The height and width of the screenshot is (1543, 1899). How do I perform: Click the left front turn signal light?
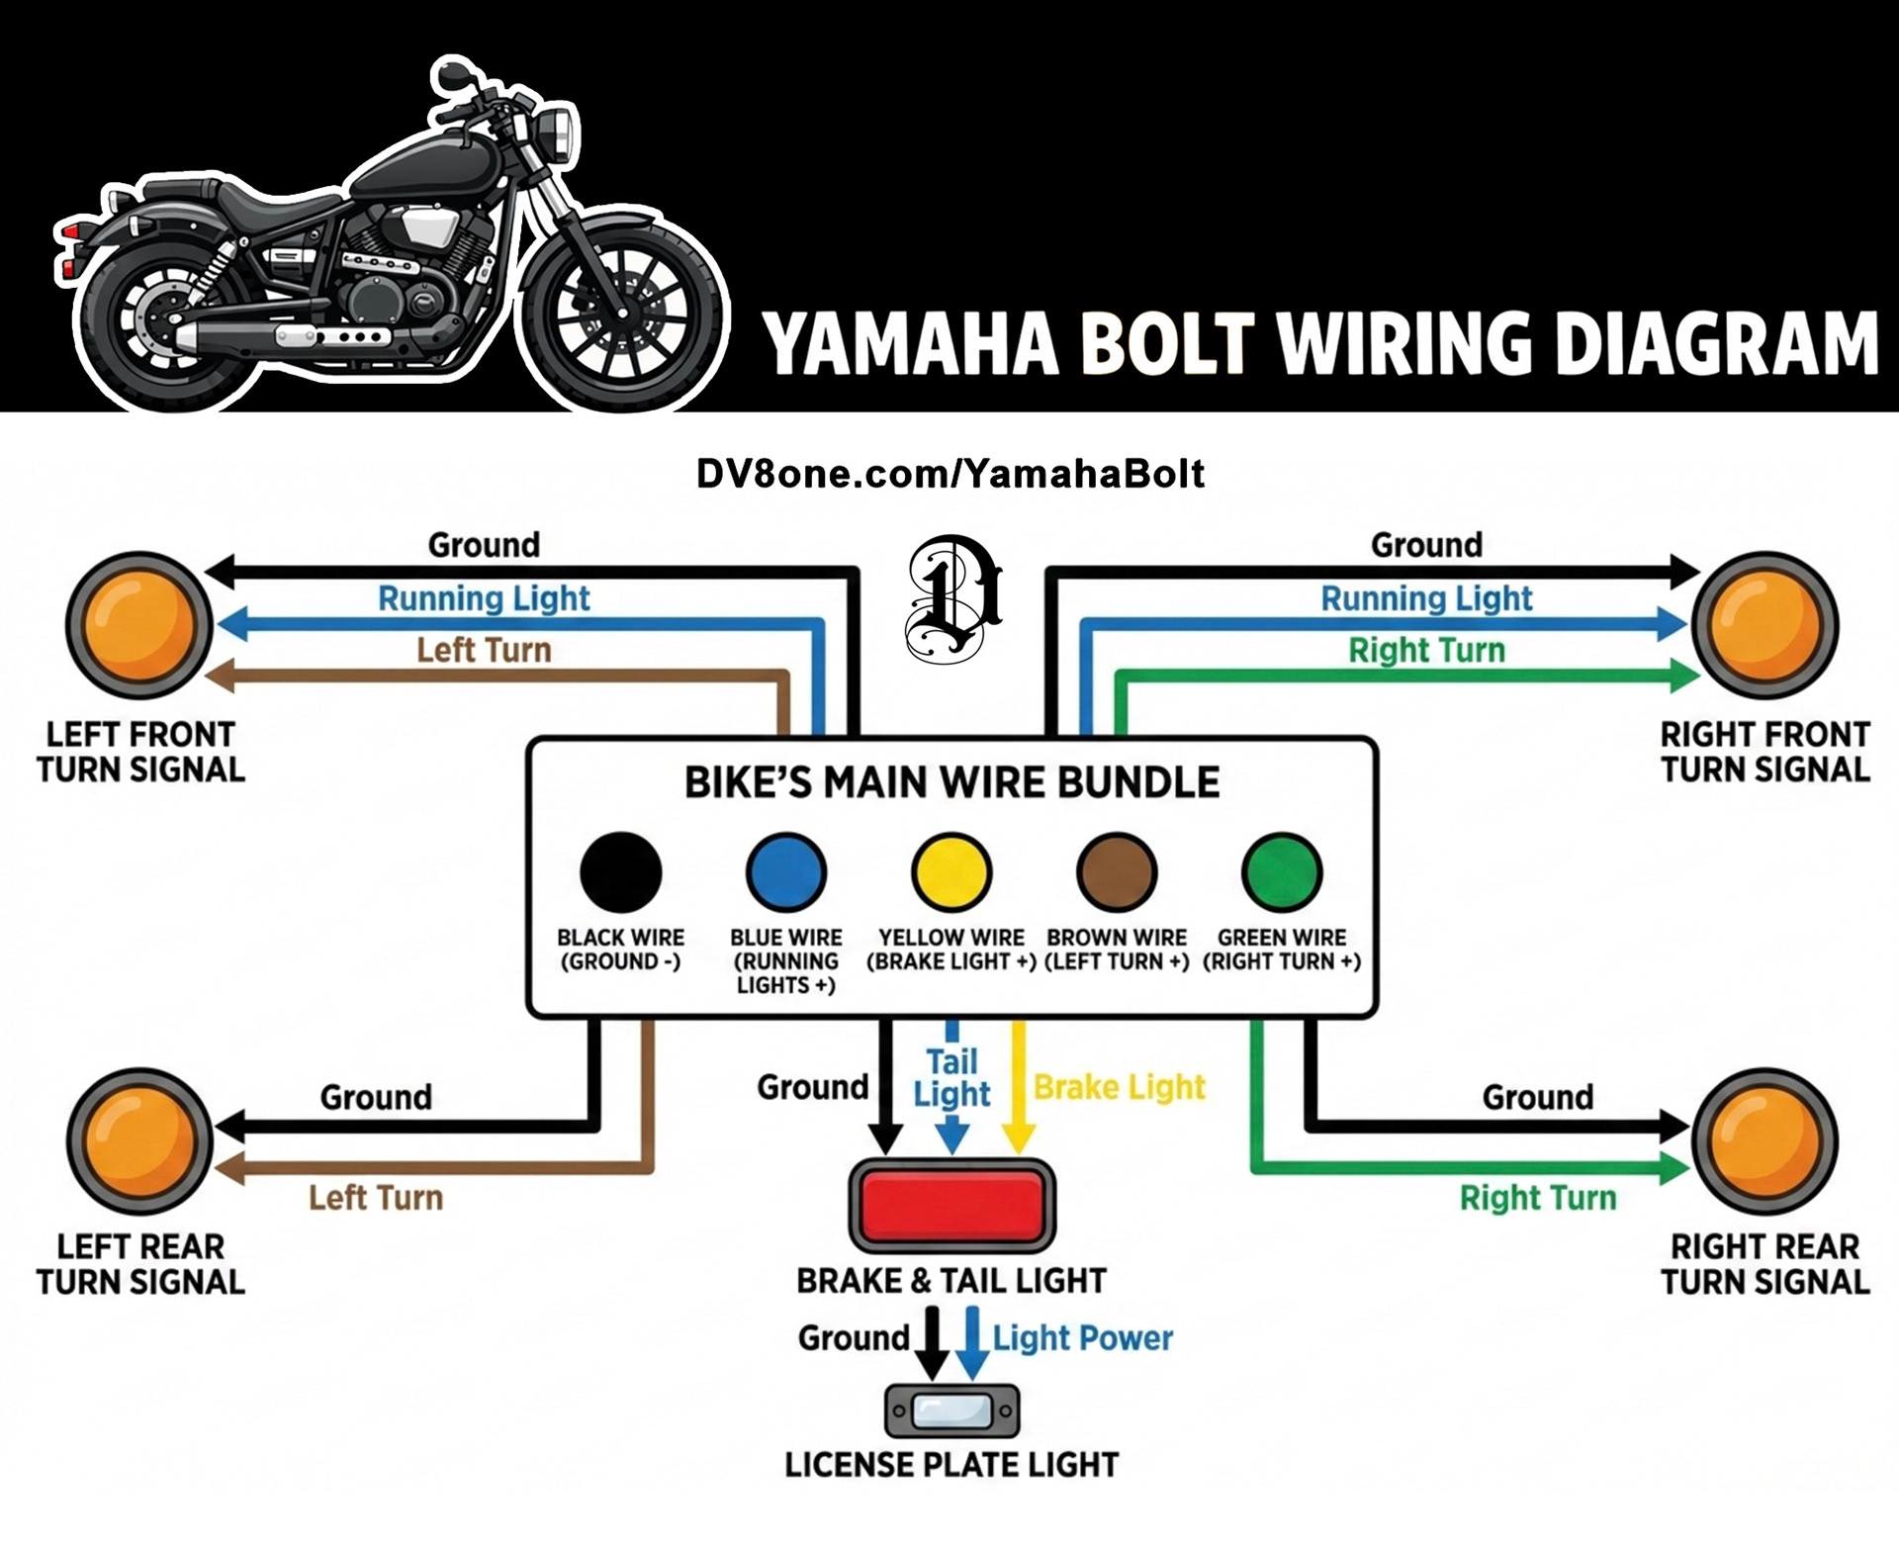(x=138, y=626)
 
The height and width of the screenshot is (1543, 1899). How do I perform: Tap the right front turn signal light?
(x=1764, y=626)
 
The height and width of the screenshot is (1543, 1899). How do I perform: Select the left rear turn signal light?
(x=139, y=1141)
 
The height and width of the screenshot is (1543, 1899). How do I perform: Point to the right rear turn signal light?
(x=1764, y=1141)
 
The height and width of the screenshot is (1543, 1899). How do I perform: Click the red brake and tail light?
(x=952, y=1206)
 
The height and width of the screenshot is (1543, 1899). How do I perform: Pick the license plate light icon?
(x=951, y=1410)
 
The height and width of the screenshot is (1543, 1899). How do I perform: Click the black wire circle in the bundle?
(x=620, y=871)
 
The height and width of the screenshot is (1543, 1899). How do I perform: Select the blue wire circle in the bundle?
(x=786, y=871)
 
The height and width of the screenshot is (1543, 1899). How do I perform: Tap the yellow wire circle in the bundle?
(x=950, y=871)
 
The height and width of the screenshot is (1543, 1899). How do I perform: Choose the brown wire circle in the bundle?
(x=1117, y=871)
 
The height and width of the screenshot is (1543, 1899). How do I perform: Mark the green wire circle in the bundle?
(x=1282, y=871)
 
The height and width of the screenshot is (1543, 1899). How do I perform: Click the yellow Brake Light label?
(x=1119, y=1087)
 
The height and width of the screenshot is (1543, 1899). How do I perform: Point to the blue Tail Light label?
(x=951, y=1078)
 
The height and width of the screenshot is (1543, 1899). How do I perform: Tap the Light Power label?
(x=1082, y=1338)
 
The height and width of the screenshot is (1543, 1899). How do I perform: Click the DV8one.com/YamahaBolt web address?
(x=950, y=474)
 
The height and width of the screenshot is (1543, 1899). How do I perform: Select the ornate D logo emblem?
(x=951, y=598)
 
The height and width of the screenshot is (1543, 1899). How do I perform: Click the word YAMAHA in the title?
(x=910, y=344)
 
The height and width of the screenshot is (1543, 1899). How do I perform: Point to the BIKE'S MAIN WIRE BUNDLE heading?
(x=951, y=782)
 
